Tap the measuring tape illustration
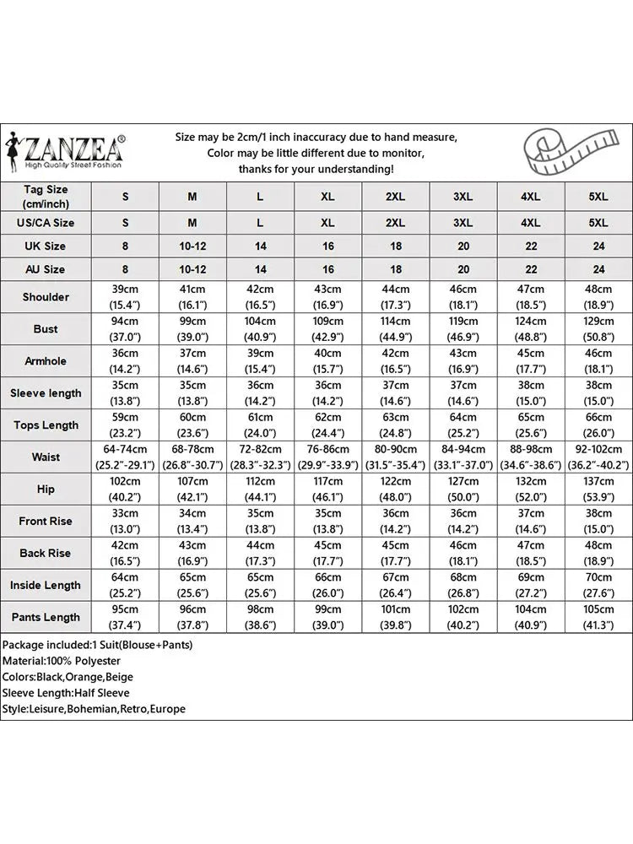tap(565, 149)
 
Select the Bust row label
tap(46, 328)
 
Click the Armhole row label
tap(46, 360)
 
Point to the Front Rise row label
tap(46, 521)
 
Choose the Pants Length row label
tap(46, 617)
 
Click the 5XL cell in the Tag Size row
tap(598, 197)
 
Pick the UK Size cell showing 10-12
tap(192, 246)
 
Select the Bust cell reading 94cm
tap(125, 328)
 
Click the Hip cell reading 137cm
tap(598, 489)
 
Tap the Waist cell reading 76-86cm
tap(327, 457)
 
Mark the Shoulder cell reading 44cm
tap(395, 296)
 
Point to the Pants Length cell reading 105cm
tap(598, 617)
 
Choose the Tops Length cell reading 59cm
tap(125, 425)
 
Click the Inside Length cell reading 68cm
tap(463, 585)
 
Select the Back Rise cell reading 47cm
tap(531, 553)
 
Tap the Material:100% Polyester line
tap(62, 661)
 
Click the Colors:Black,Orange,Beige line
tap(68, 677)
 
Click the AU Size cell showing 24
tap(598, 269)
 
